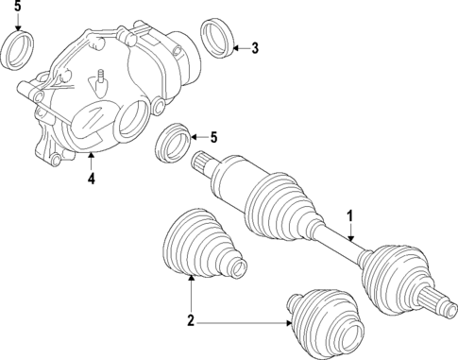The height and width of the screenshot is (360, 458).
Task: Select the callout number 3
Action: coord(254,48)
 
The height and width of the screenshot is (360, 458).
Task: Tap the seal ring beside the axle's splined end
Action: coord(175,142)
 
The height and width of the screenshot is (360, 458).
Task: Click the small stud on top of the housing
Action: coord(97,80)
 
